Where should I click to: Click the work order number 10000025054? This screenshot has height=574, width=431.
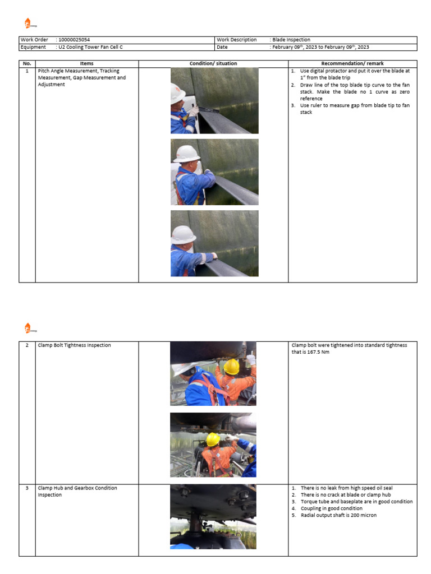[x=74, y=40]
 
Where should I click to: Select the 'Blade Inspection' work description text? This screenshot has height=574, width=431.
[x=292, y=40]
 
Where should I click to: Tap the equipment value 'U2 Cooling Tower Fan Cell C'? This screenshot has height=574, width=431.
[x=90, y=47]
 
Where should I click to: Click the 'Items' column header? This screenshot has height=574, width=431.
[x=86, y=64]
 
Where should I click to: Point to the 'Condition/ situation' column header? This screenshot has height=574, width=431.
[x=213, y=64]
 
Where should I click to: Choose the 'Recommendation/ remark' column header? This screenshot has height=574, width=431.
[x=352, y=64]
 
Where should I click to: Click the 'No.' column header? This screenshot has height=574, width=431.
[x=27, y=64]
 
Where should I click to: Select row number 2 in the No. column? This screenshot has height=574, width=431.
[x=27, y=345]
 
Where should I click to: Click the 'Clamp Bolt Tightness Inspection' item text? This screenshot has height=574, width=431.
[x=74, y=345]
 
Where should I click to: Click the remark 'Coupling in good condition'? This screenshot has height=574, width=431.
[x=331, y=508]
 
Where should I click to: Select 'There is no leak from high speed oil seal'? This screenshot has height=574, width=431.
[x=350, y=488]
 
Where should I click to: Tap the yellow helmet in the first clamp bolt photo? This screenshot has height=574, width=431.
[x=231, y=367]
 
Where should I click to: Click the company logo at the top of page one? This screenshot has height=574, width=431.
[x=29, y=23]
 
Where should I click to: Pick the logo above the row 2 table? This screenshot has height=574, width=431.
[x=29, y=328]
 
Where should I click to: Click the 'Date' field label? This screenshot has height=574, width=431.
[x=222, y=47]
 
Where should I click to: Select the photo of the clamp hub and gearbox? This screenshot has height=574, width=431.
[x=213, y=516]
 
